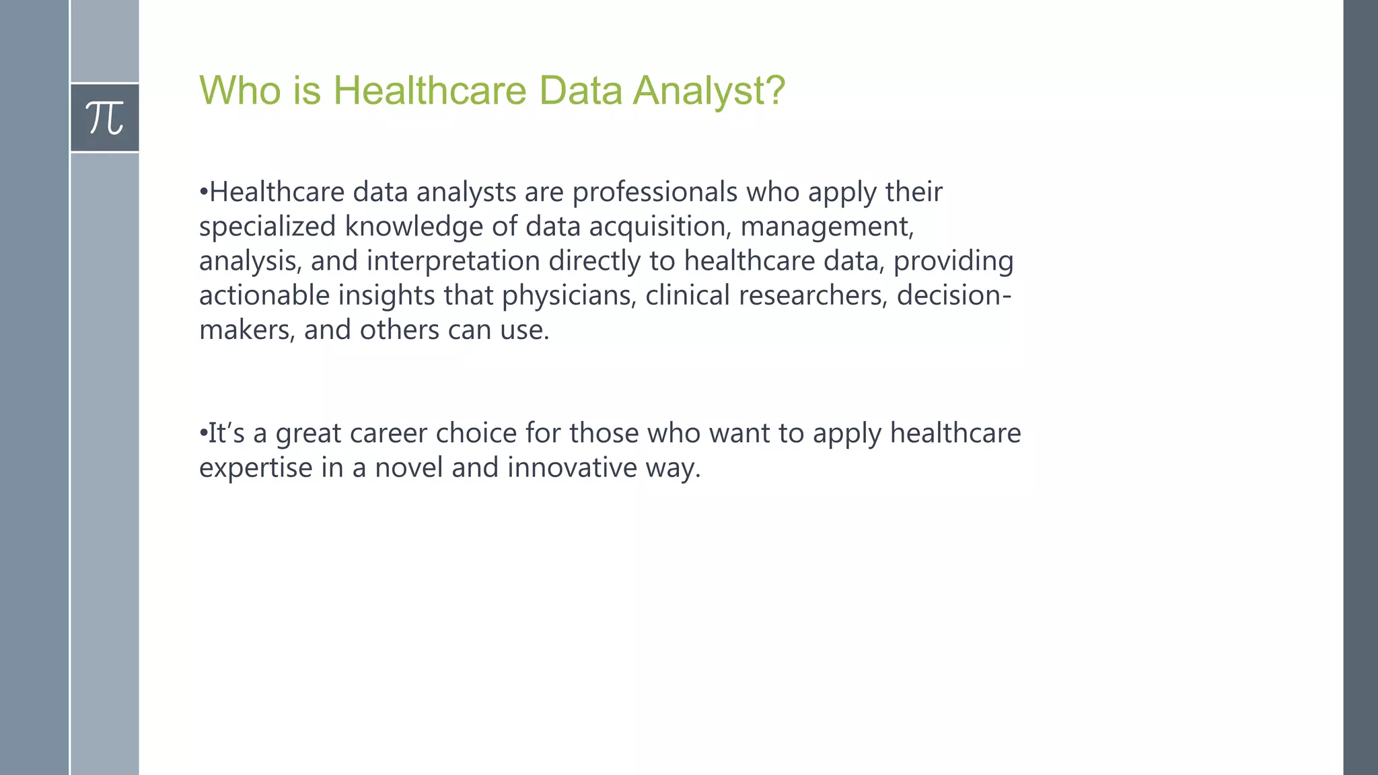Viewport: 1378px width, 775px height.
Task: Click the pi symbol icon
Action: (105, 118)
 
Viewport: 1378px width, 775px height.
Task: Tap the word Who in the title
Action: (240, 90)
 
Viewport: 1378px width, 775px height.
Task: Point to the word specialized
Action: (267, 227)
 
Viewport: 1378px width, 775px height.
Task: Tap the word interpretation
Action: (453, 261)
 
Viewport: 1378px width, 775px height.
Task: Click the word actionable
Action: (264, 295)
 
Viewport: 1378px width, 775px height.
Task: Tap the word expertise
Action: (256, 468)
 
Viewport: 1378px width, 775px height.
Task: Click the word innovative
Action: (572, 468)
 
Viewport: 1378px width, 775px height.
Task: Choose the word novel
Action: (408, 468)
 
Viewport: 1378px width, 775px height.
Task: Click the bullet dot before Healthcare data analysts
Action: (203, 193)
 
